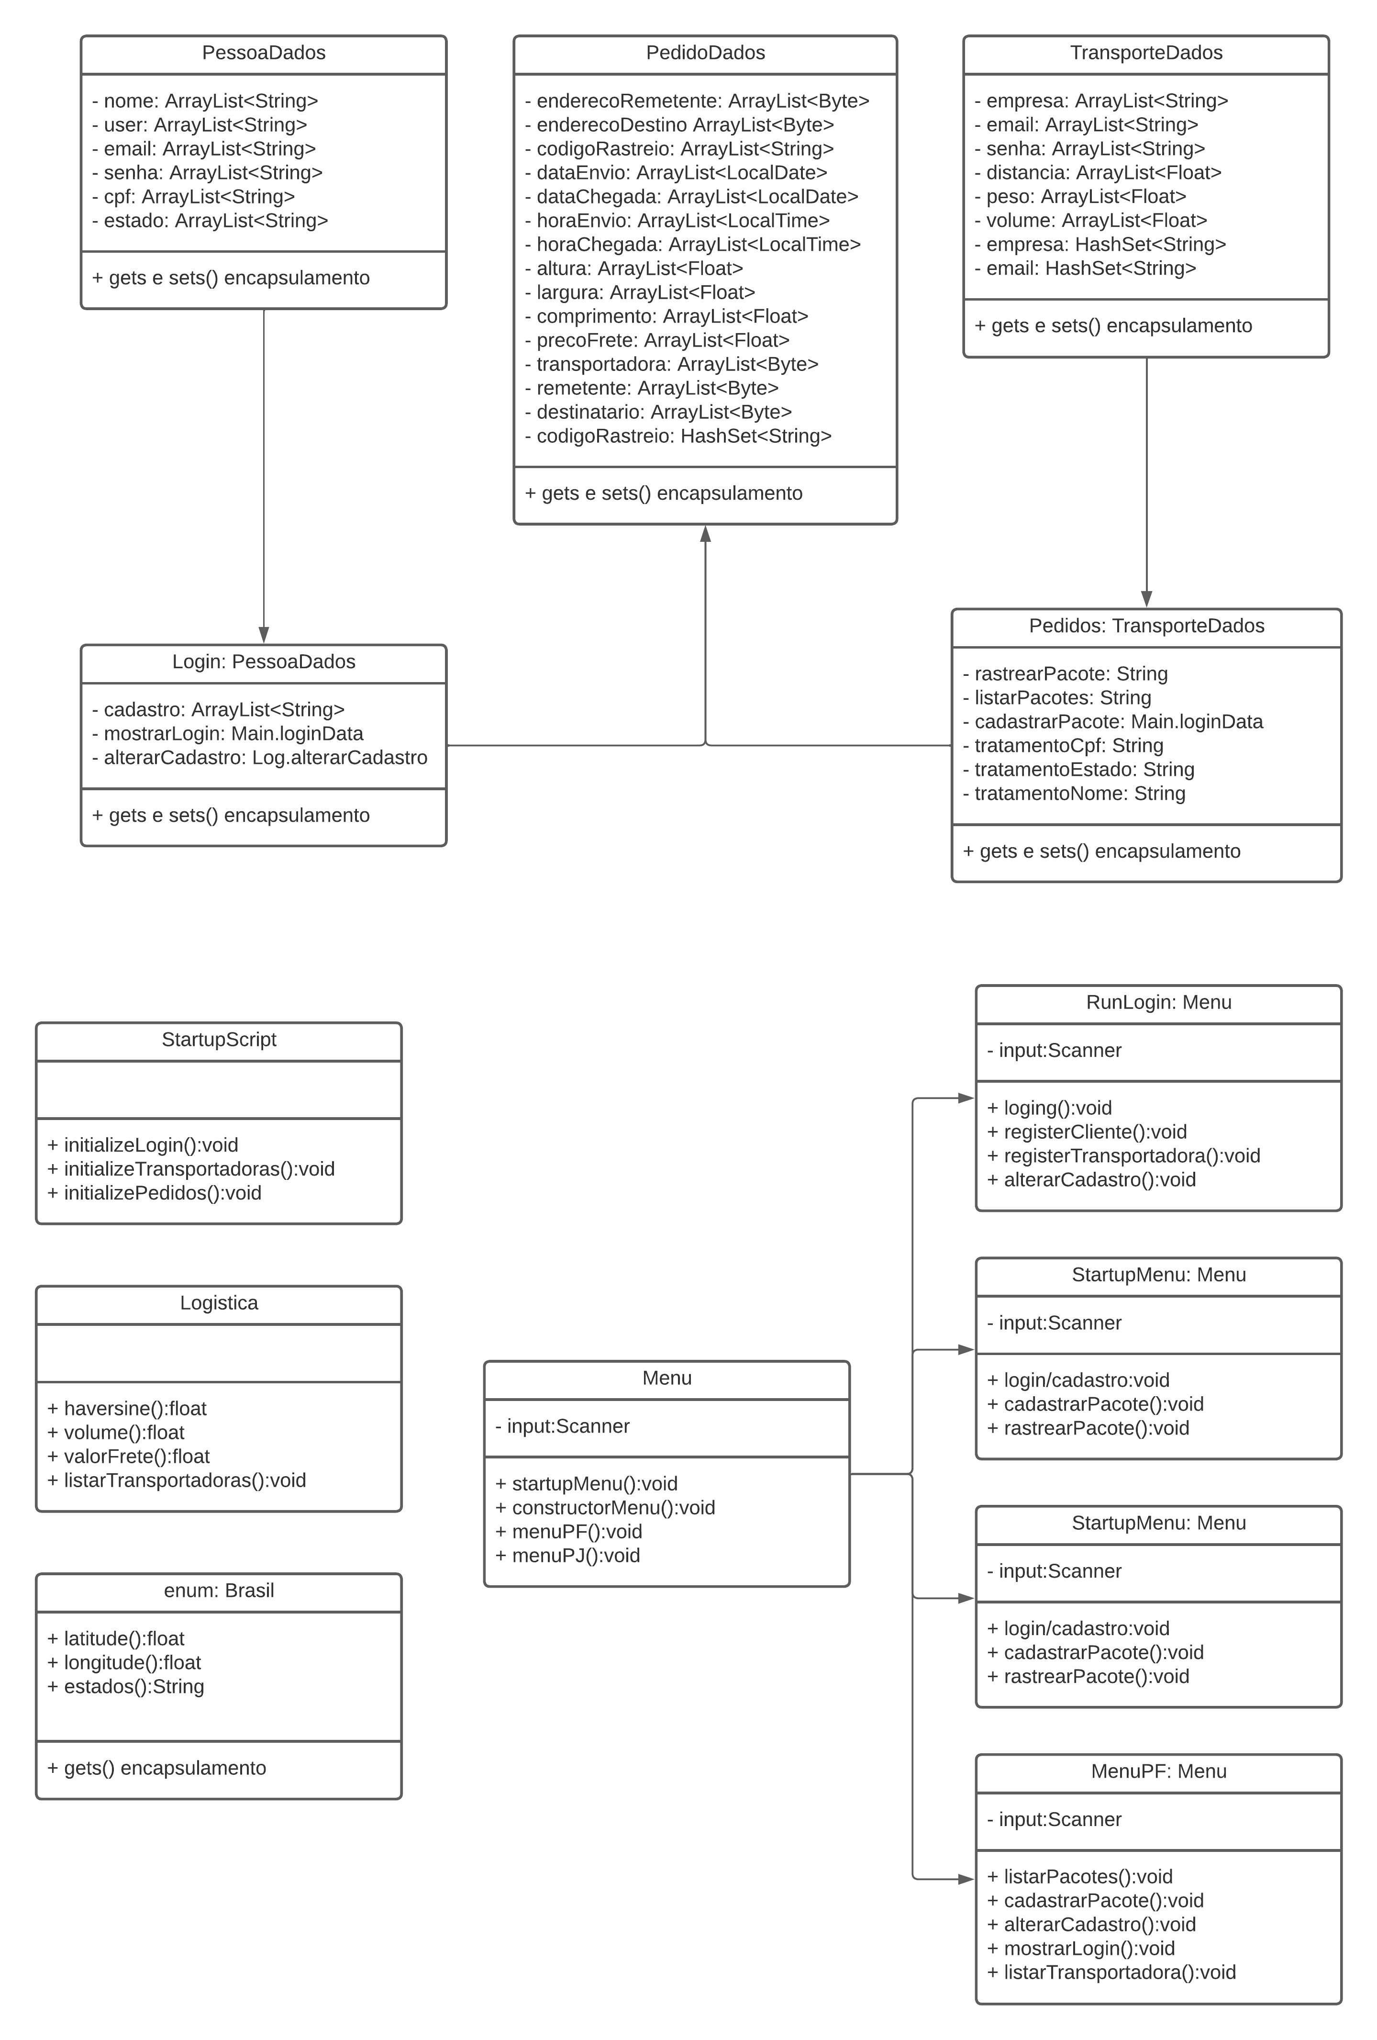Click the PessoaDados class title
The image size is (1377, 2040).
pos(263,53)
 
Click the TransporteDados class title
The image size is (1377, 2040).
pos(1145,53)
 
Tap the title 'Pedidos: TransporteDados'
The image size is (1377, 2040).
pos(1145,626)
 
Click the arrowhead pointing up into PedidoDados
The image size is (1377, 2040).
pos(705,534)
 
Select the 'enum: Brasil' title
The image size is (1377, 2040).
pos(219,1591)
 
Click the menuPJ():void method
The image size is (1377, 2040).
pos(568,1556)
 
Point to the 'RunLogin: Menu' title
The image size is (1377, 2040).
pos(1157,1002)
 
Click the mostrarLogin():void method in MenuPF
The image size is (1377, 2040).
pos(1080,1949)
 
